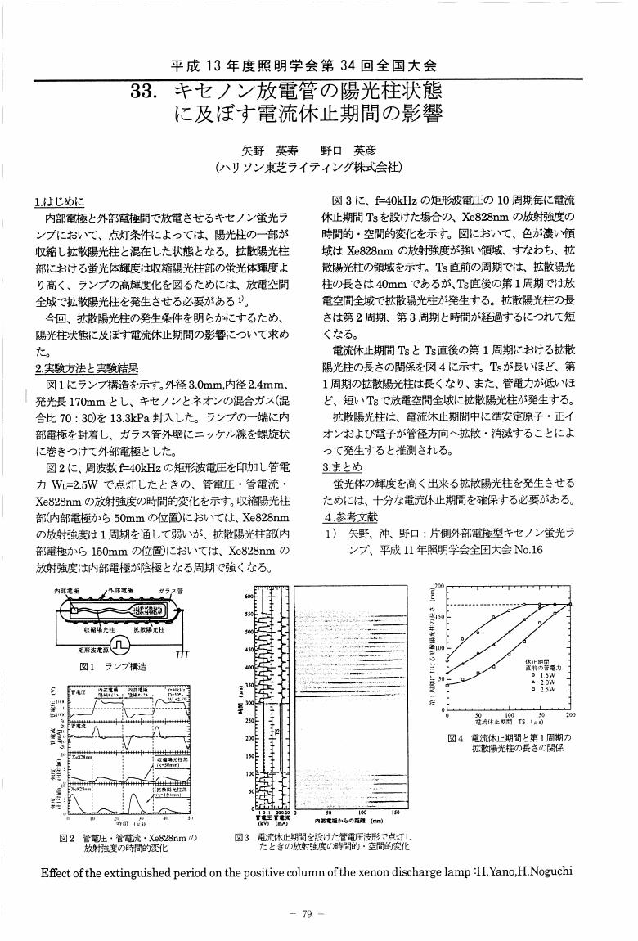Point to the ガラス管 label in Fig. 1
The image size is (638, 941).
(x=170, y=591)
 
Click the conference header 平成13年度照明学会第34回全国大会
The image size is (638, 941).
(x=304, y=65)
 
